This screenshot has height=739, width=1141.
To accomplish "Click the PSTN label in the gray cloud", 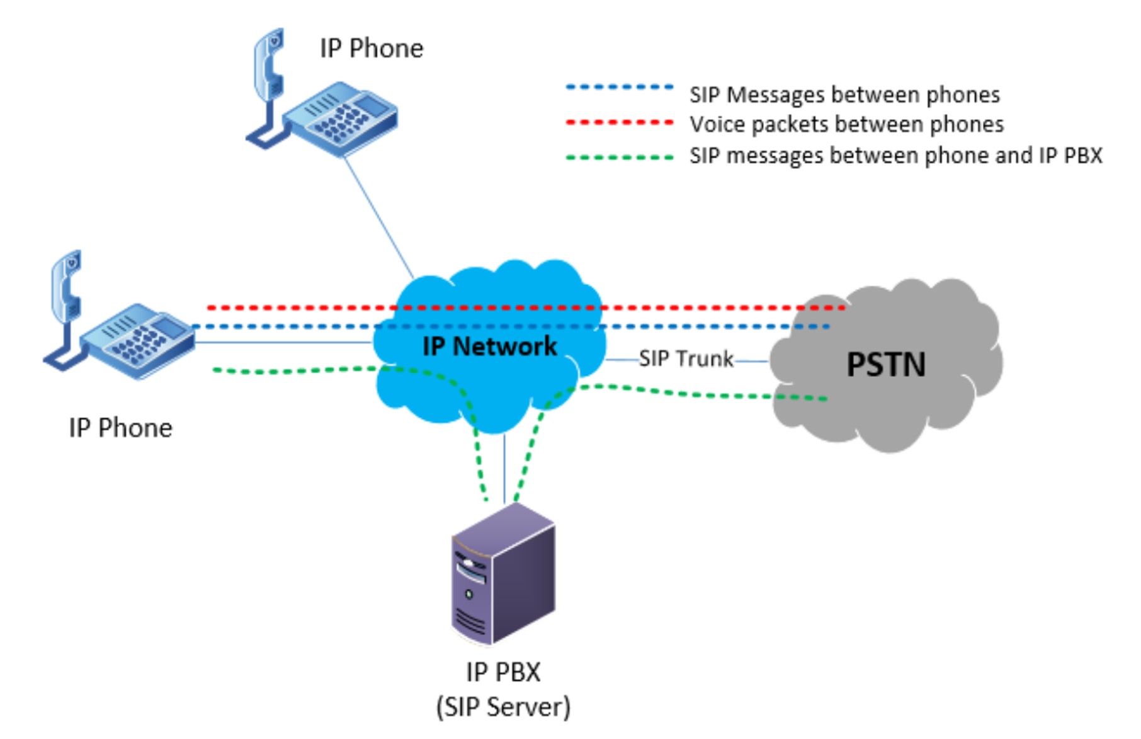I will (x=885, y=364).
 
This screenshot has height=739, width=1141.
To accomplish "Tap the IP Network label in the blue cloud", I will (x=489, y=346).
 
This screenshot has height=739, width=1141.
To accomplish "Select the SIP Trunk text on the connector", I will (x=686, y=358).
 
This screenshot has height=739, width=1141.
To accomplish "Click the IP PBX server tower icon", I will (x=503, y=574).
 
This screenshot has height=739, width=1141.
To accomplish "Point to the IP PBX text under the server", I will (x=503, y=672).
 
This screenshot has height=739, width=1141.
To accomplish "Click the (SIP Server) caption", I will (x=503, y=707).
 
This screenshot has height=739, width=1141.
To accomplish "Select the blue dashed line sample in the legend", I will (x=620, y=87).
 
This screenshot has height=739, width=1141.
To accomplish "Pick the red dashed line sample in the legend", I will (x=620, y=122).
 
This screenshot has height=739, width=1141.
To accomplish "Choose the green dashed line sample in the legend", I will (x=620, y=157).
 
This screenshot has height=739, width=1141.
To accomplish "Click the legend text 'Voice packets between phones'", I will (x=846, y=124).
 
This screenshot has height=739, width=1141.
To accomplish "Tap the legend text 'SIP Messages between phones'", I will (x=844, y=95).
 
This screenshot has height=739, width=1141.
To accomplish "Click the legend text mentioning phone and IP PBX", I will (x=895, y=155).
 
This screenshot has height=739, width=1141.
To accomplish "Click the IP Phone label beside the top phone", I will (x=372, y=49).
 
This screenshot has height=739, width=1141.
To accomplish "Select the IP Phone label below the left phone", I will (x=120, y=428).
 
